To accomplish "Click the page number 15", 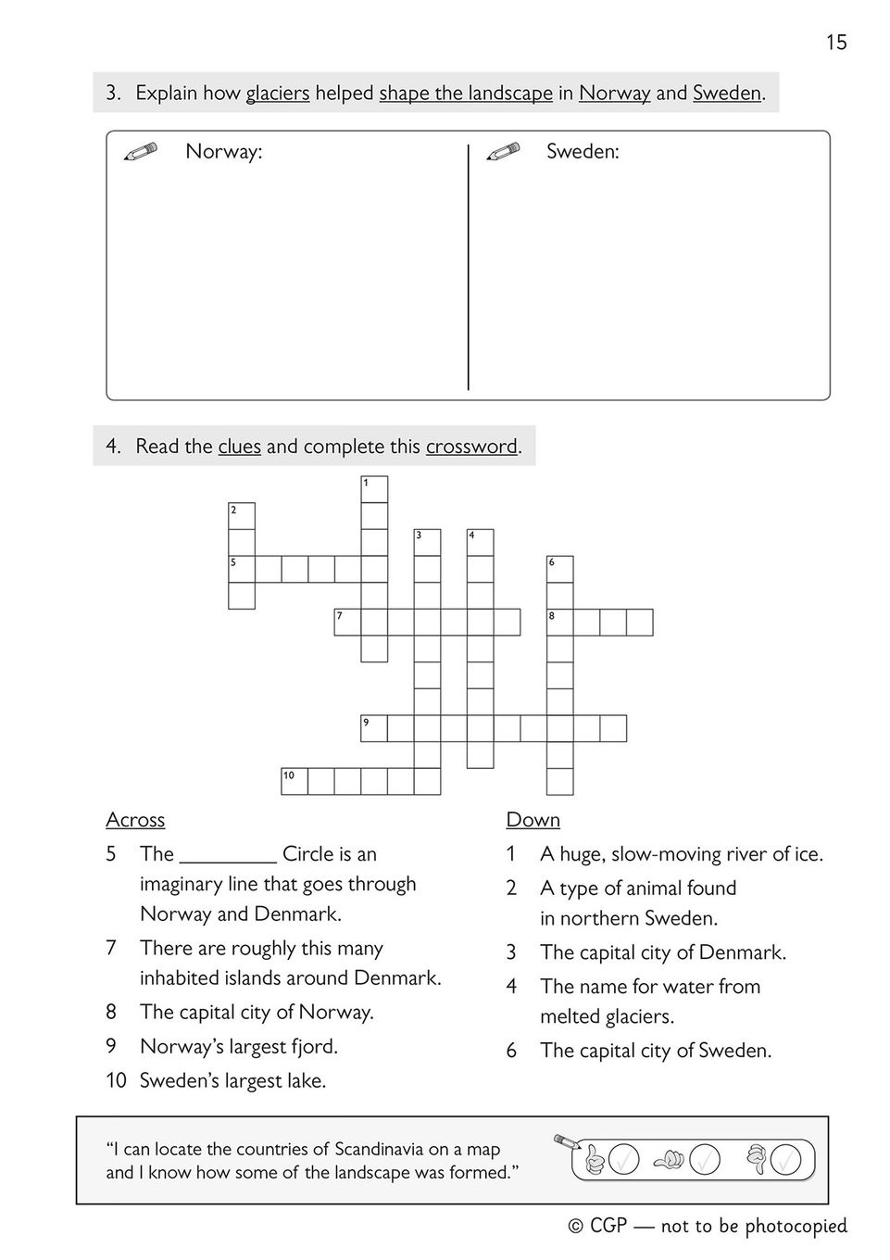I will tap(835, 42).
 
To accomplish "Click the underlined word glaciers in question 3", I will tap(277, 93).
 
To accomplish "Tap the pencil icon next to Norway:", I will tap(140, 151).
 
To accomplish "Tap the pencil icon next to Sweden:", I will tap(503, 151).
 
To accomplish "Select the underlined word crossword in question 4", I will tap(471, 447).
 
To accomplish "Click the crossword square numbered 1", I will tap(374, 489).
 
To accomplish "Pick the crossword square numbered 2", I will tap(242, 516).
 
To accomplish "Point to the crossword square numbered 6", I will tap(560, 569).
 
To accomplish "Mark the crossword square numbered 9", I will tap(374, 728).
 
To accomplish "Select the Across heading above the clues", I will tap(135, 820).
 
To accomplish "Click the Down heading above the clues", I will tap(533, 820).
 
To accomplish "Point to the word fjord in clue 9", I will tap(312, 1047).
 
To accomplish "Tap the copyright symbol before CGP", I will tap(576, 1227).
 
